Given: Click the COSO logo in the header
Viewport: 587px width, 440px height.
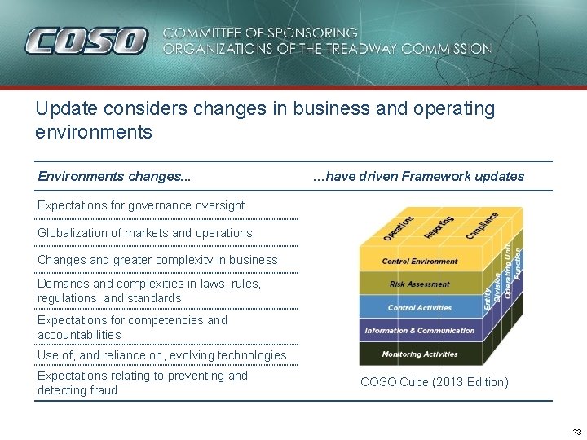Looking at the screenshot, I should (x=86, y=41).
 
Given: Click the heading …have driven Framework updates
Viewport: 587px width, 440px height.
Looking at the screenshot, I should (x=418, y=176).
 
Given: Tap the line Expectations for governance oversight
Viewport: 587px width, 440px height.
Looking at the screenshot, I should (x=141, y=205).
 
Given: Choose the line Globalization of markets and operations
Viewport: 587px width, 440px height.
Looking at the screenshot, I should (x=145, y=233).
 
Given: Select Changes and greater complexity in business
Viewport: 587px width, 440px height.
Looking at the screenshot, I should (x=157, y=260).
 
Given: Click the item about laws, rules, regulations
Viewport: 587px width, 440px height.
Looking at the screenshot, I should (x=149, y=291).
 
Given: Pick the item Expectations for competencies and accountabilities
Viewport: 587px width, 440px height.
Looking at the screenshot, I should (x=132, y=328).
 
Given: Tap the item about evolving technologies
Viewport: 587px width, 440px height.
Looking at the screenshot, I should (x=162, y=355).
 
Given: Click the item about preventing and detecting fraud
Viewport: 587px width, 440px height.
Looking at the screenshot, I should (x=142, y=383).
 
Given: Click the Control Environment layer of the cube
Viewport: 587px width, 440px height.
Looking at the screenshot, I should (x=420, y=262).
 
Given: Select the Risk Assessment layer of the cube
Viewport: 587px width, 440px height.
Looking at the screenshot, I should (x=420, y=284).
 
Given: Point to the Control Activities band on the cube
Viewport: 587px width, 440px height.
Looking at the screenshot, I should (x=420, y=308).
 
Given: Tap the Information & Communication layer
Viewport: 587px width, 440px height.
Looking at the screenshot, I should (x=420, y=331).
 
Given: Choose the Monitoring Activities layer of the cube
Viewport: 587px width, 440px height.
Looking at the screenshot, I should (x=420, y=354).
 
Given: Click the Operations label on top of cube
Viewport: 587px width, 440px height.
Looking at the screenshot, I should (x=399, y=228).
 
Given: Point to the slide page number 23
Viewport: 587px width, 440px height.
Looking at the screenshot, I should (x=576, y=432).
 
